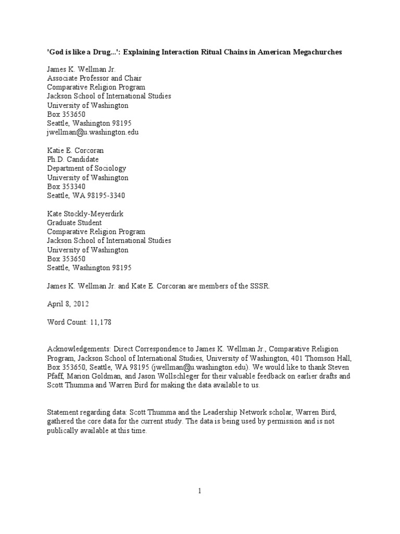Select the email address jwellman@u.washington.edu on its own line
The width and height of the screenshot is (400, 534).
[x=93, y=132]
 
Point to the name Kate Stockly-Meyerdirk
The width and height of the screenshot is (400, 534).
[x=88, y=214]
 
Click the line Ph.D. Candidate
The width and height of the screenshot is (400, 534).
[x=73, y=159]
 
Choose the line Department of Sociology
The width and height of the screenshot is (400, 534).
[x=86, y=168]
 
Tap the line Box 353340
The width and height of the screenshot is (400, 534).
[x=67, y=186]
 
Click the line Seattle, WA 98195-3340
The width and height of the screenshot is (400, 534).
[x=86, y=195]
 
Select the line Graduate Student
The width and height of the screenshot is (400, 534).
[x=74, y=223]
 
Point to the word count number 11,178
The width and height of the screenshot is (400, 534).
[x=99, y=322]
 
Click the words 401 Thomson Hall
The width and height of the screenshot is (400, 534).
[x=323, y=358]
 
